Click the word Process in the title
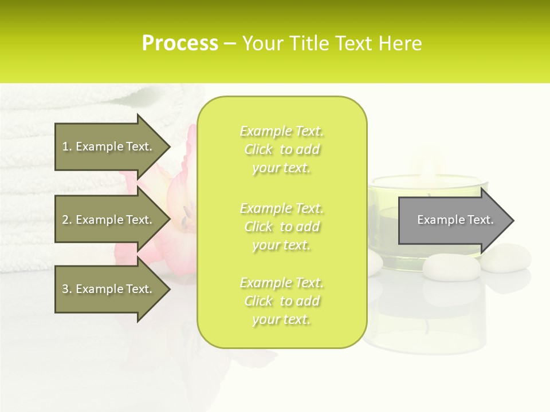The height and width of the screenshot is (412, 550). pyautogui.click(x=180, y=43)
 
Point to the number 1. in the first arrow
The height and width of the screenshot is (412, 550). pyautogui.click(x=67, y=146)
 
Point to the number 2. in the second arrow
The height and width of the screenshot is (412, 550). pyautogui.click(x=67, y=220)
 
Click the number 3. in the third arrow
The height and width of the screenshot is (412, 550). pyautogui.click(x=67, y=289)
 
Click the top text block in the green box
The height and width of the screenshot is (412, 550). pyautogui.click(x=281, y=149)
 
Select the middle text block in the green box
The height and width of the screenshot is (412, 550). pyautogui.click(x=281, y=227)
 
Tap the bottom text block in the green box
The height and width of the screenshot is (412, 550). pyautogui.click(x=281, y=301)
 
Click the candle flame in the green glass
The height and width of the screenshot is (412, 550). pyautogui.click(x=428, y=169)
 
